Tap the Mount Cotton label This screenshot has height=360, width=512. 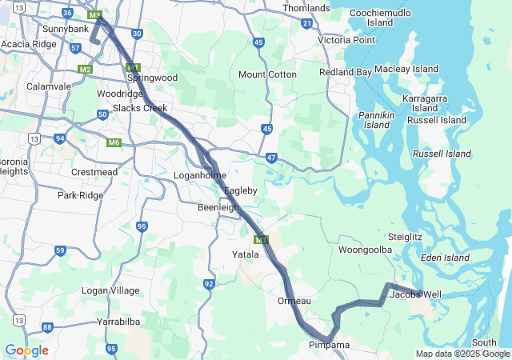267,74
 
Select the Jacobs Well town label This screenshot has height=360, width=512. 415,294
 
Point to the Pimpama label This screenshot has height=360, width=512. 329,346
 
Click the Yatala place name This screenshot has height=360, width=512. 246,254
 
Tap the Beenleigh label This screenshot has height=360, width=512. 218,207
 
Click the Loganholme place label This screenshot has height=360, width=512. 200,175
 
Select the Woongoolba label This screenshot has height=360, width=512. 365,250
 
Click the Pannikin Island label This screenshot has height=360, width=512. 377,120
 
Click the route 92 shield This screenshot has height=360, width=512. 209,284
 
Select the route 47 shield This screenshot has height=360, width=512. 272,158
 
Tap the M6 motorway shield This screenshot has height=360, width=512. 114,142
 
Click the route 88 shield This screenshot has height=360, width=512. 48,326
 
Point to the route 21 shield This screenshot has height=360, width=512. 307,24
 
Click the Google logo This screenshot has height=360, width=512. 26,350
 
